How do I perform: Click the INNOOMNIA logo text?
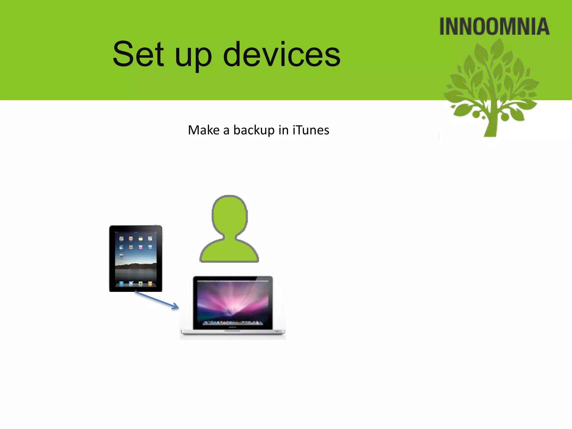pyautogui.click(x=494, y=27)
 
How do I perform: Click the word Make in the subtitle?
pyautogui.click(x=204, y=130)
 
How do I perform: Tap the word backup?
pyautogui.click(x=254, y=130)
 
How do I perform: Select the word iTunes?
pyautogui.click(x=311, y=130)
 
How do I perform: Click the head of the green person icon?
pyautogui.click(x=230, y=215)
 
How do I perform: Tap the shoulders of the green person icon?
pyautogui.click(x=229, y=251)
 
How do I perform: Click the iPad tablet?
pyautogui.click(x=135, y=258)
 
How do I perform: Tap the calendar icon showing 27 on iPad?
pyautogui.click(x=121, y=239)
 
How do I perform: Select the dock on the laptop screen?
pyautogui.click(x=232, y=323)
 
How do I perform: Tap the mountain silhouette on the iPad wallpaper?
pyautogui.click(x=136, y=265)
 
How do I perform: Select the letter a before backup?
pyautogui.click(x=226, y=131)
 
